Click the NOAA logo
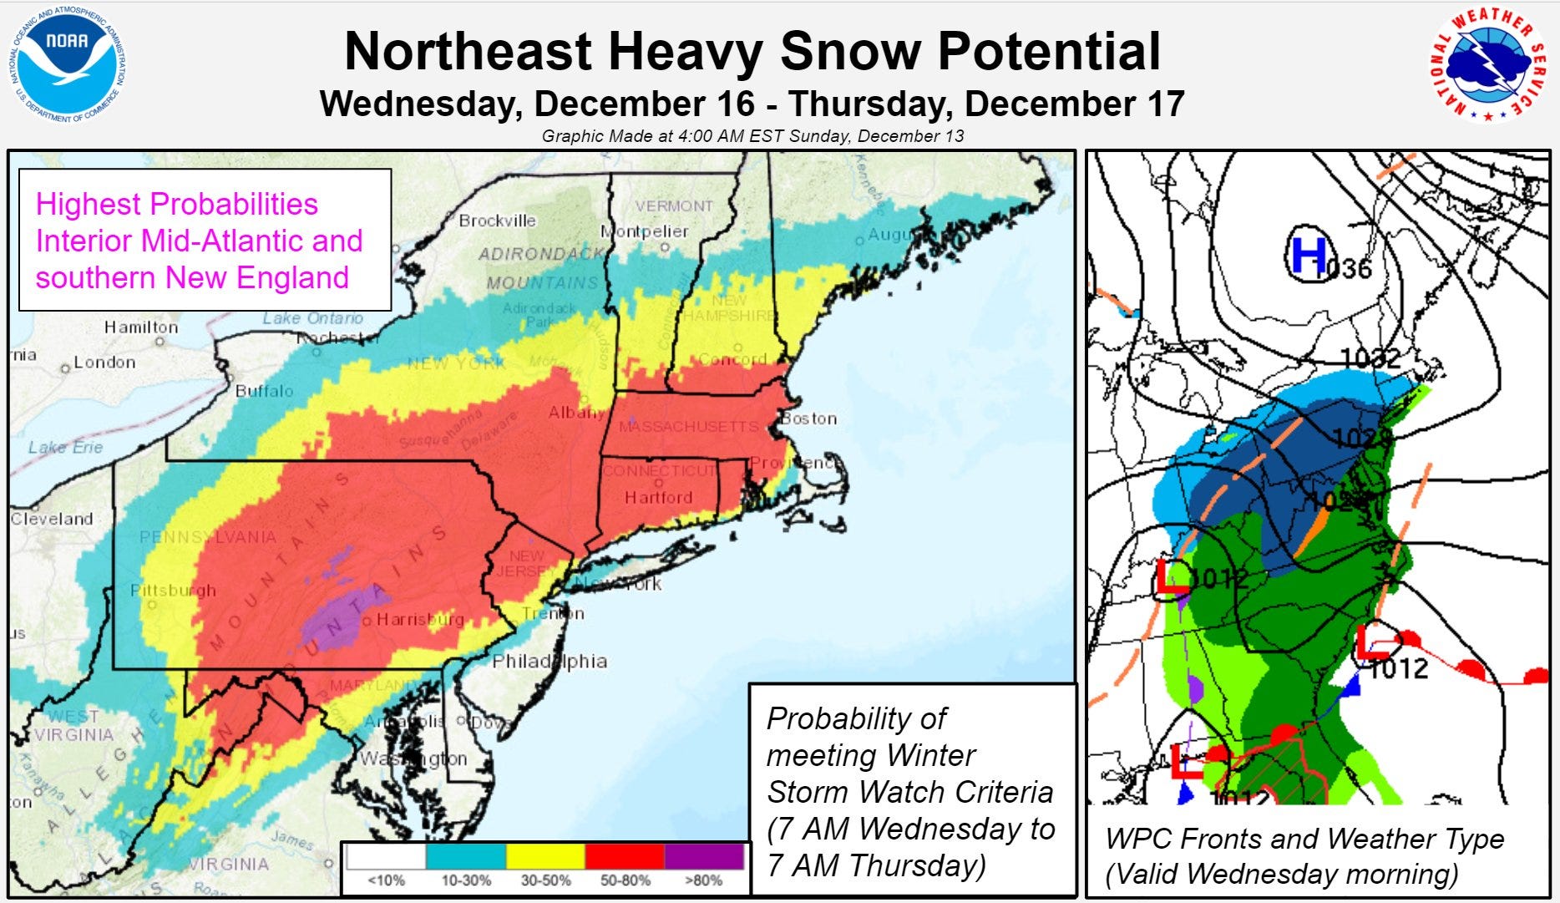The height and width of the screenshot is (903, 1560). coord(68,65)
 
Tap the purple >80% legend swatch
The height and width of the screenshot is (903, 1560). coord(704,857)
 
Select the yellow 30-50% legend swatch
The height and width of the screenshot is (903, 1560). coord(545,857)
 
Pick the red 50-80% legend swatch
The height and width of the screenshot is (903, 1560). coord(625,857)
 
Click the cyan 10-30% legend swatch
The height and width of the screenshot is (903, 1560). coord(466,857)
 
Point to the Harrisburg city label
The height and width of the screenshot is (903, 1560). coord(419,620)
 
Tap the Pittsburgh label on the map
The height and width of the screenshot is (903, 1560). coord(174,591)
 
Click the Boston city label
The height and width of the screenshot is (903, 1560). coord(809,419)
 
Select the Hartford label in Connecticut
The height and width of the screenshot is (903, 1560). coord(658,498)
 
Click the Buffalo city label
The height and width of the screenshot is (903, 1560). coord(264,391)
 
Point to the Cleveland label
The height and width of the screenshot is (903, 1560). coord(52,519)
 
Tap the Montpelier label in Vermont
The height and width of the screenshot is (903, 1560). coord(645,231)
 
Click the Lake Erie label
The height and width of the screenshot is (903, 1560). coord(65,447)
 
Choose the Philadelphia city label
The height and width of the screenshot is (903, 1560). coord(549,661)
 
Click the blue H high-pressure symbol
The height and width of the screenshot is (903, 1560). coord(1307,254)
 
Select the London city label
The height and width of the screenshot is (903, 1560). coord(104,363)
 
